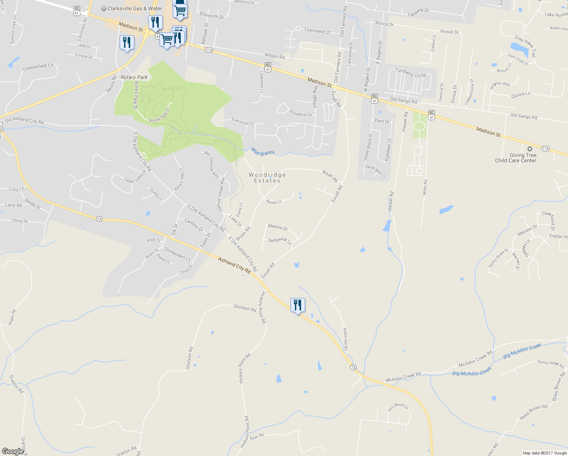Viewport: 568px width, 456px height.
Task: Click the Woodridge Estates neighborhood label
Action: pyautogui.click(x=267, y=178)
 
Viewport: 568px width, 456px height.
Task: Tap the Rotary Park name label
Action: pyautogui.click(x=134, y=77)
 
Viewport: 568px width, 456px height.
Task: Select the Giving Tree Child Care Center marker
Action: pyautogui.click(x=530, y=149)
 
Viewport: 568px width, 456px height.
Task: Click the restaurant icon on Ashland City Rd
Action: pyautogui.click(x=298, y=305)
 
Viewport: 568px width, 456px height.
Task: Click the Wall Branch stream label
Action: pyautogui.click(x=262, y=152)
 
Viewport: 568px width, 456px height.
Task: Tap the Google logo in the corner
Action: pyautogui.click(x=13, y=451)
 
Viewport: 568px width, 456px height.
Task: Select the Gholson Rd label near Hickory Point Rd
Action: pyautogui.click(x=245, y=308)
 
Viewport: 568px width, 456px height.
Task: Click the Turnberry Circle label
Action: pyautogui.click(x=410, y=73)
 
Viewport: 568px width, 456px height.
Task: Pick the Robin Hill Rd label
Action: pyautogui.click(x=346, y=339)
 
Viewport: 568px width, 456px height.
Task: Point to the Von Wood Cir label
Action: pyautogui.click(x=398, y=407)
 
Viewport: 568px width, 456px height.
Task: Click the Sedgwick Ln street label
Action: pyautogui.click(x=280, y=241)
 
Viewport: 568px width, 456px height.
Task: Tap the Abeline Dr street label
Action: pyautogui.click(x=278, y=227)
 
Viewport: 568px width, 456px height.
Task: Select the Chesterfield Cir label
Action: pyautogui.click(x=38, y=67)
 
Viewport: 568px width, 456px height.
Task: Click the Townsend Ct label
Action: pyautogui.click(x=317, y=31)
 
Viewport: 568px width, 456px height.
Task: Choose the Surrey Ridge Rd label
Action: pyautogui.click(x=551, y=364)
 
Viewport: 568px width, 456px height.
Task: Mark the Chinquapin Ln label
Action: pyautogui.click(x=177, y=254)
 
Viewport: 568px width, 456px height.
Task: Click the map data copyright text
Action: pyautogui.click(x=544, y=453)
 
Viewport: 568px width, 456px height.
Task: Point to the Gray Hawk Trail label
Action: pyautogui.click(x=525, y=45)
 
